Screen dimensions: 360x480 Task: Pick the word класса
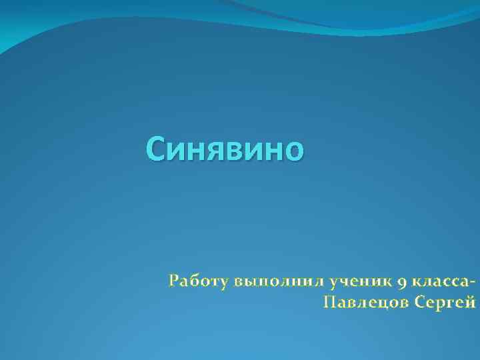click(441, 281)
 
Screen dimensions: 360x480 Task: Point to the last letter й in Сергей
click(471, 303)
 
